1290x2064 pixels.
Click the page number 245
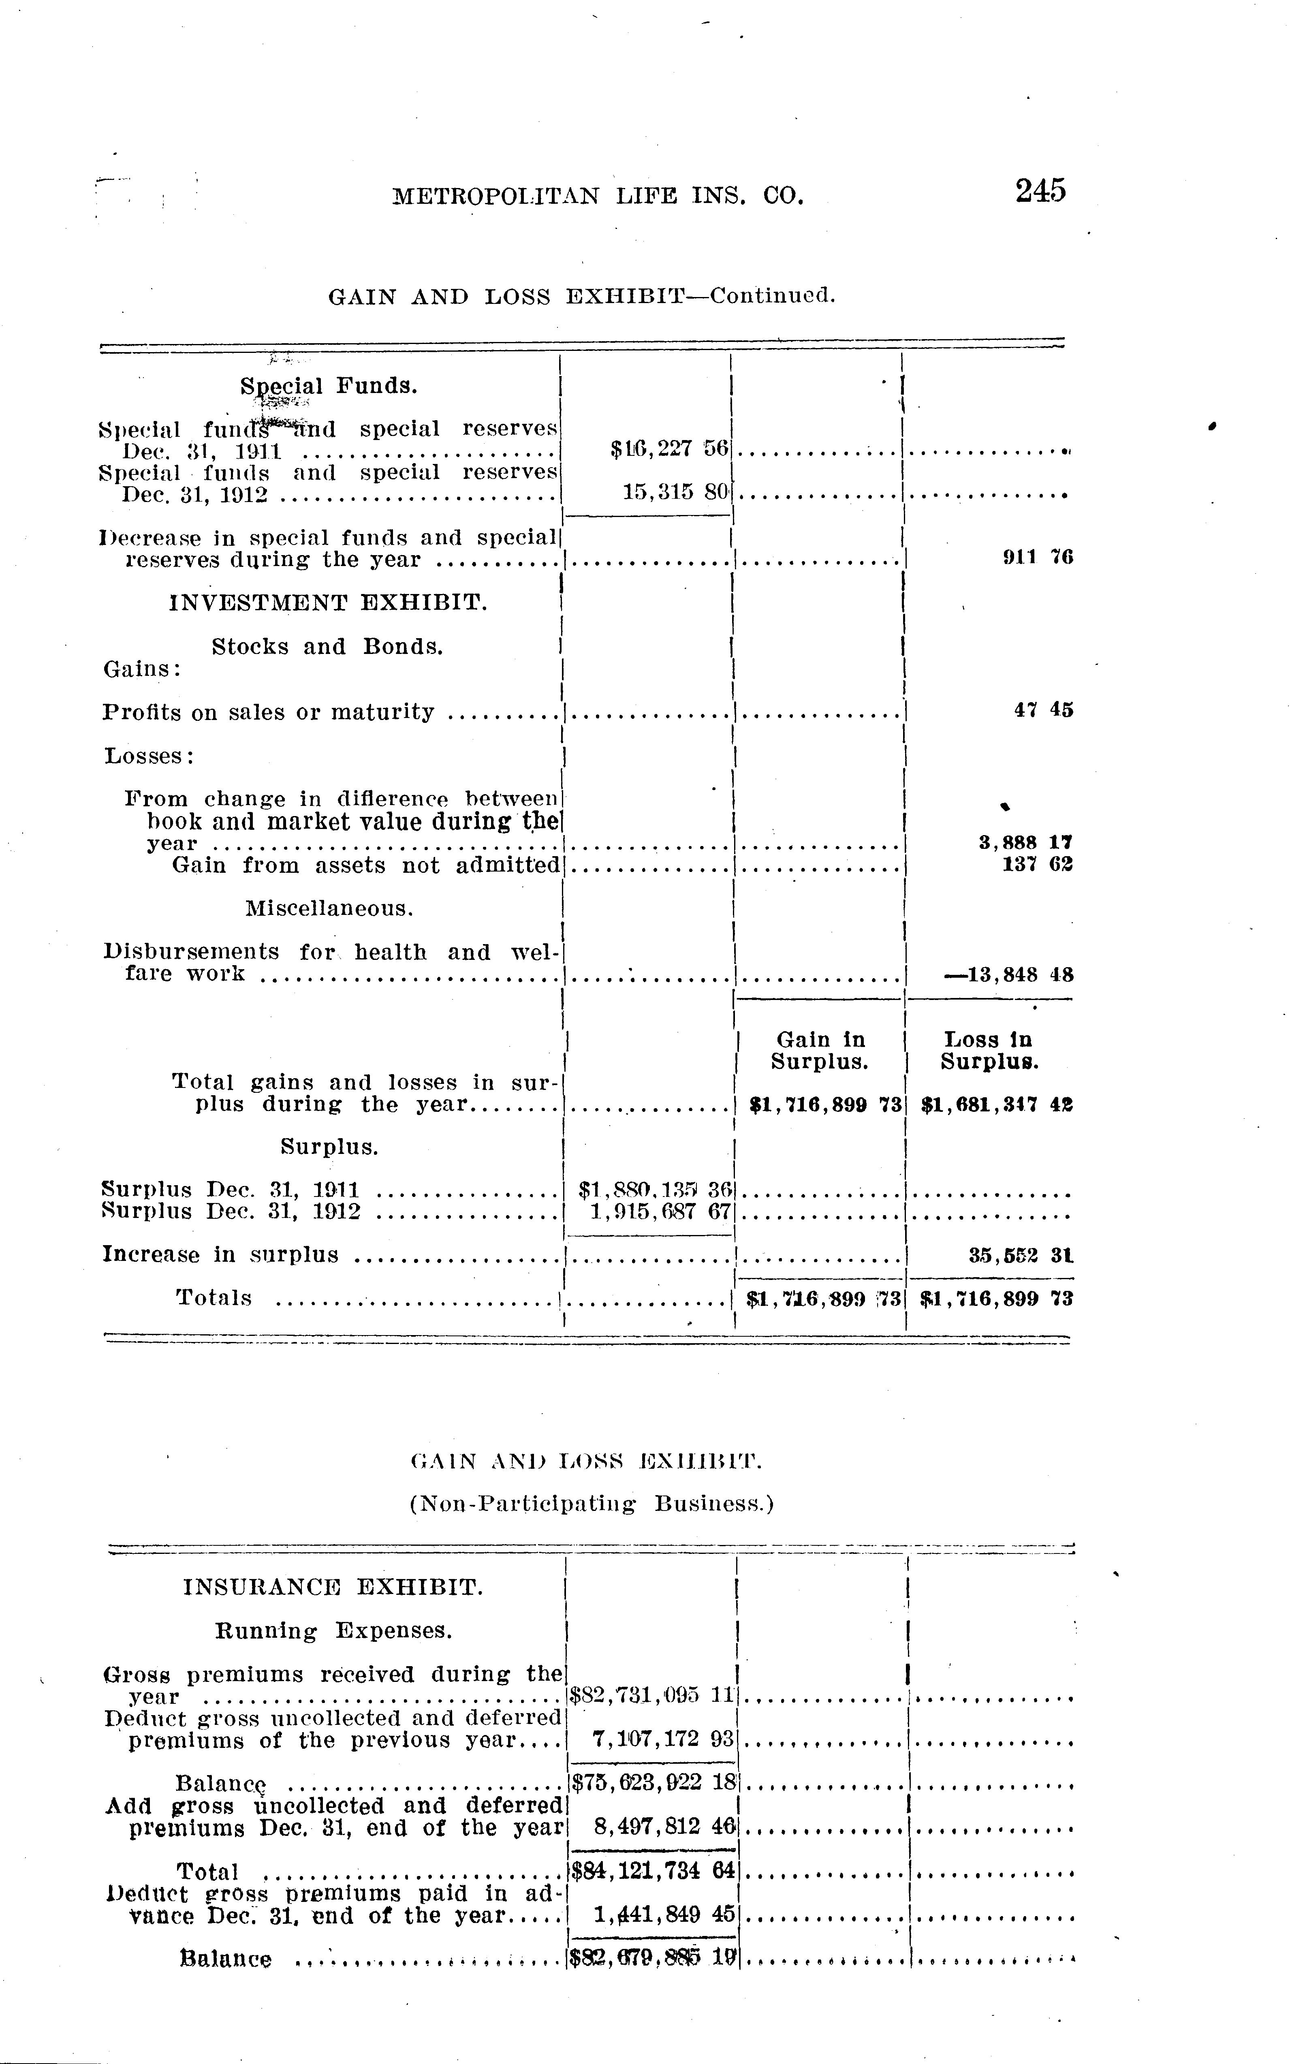(x=1040, y=190)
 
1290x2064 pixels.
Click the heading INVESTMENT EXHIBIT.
(x=329, y=603)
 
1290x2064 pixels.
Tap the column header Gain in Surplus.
(x=820, y=1050)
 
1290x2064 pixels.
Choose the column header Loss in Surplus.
(x=989, y=1050)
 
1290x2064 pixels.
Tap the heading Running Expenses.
(x=333, y=1630)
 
